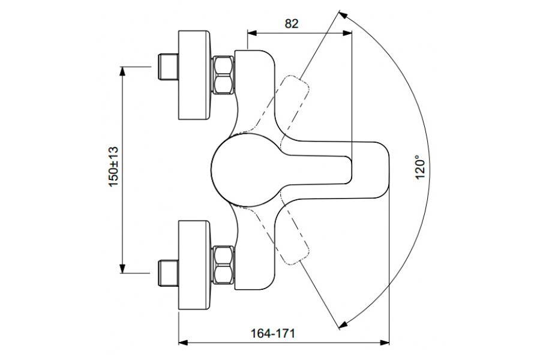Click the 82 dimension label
[x=292, y=23]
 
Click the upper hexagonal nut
[x=224, y=74]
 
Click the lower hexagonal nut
[x=224, y=264]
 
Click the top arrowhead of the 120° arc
[x=343, y=13]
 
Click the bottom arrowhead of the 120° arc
[x=343, y=325]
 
